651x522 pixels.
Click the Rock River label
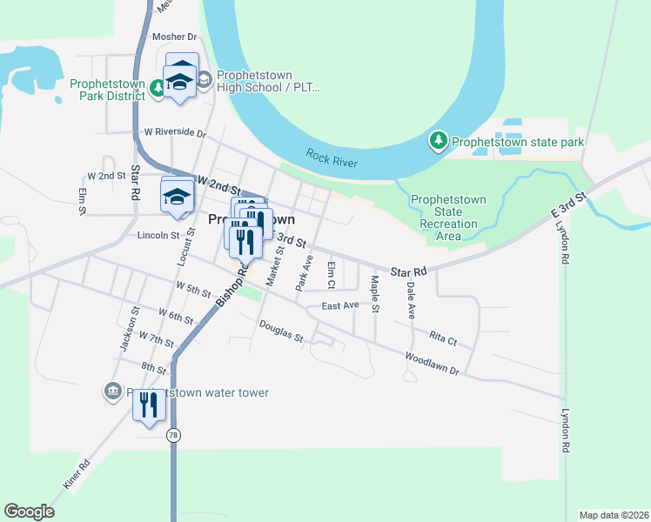coord(332,158)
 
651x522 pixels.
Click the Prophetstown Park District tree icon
coord(157,87)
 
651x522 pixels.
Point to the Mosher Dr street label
coord(175,37)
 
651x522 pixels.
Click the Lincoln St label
coord(158,235)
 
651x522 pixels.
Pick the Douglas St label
coord(280,331)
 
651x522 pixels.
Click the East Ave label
coord(339,305)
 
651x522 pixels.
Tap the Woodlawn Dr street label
coord(433,363)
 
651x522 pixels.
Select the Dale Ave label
coord(410,297)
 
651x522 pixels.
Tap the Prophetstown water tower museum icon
coord(112,392)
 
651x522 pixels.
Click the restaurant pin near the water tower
coord(149,405)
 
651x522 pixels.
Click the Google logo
coord(29,512)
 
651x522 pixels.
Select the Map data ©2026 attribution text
coord(614,514)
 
